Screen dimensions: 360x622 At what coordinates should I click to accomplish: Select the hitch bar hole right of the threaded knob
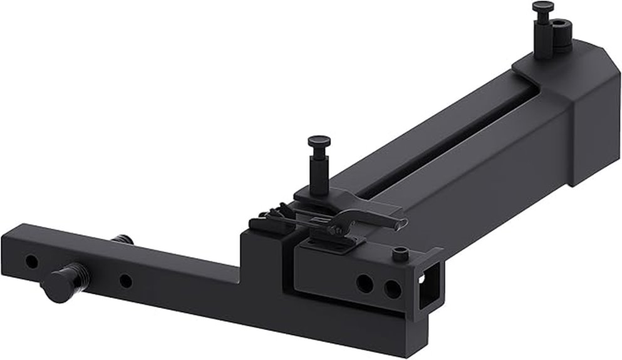click(125, 281)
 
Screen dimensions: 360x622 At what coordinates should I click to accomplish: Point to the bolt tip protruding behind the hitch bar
click(123, 239)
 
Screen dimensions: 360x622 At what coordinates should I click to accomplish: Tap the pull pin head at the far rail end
click(542, 7)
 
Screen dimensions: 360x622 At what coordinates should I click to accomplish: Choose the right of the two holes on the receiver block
click(392, 289)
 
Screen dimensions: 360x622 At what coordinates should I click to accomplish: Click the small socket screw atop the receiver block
click(400, 254)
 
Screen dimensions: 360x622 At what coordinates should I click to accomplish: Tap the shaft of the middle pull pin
click(318, 167)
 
